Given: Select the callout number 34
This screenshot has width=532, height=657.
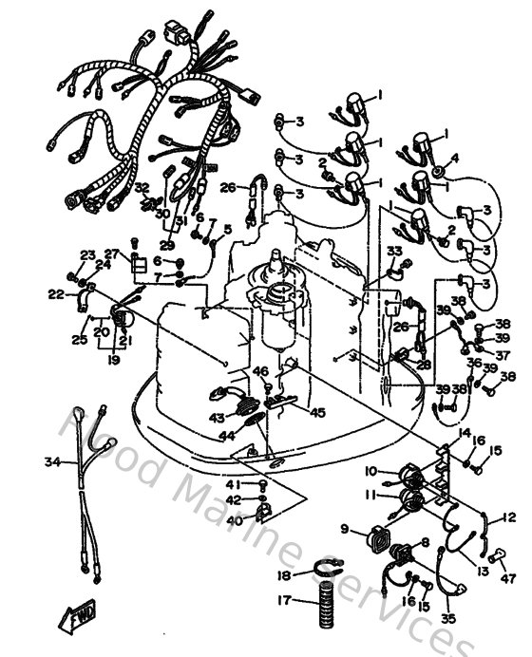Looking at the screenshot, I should pos(50,462).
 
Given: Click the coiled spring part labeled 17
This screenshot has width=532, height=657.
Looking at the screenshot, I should pos(319,606).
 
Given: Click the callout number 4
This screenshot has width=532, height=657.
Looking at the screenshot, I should pos(454,157).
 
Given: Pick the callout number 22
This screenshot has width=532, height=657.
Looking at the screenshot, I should pos(56,294).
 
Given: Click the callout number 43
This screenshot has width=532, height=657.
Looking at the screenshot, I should pos(217,418).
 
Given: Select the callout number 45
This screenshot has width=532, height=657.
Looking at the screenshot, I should pos(317,412).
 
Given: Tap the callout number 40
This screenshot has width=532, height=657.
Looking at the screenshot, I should pos(234,519).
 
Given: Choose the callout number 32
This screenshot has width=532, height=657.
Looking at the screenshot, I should pos(142,188).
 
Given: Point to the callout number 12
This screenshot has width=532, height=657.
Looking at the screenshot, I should pos(510,517).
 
